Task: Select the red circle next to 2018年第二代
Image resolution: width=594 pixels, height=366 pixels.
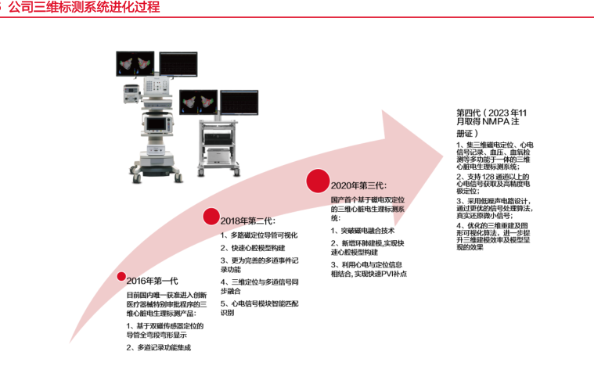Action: tap(211, 217)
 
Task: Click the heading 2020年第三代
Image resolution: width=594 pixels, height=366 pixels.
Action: tap(358, 185)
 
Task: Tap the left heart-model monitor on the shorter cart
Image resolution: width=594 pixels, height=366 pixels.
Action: tap(198, 102)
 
